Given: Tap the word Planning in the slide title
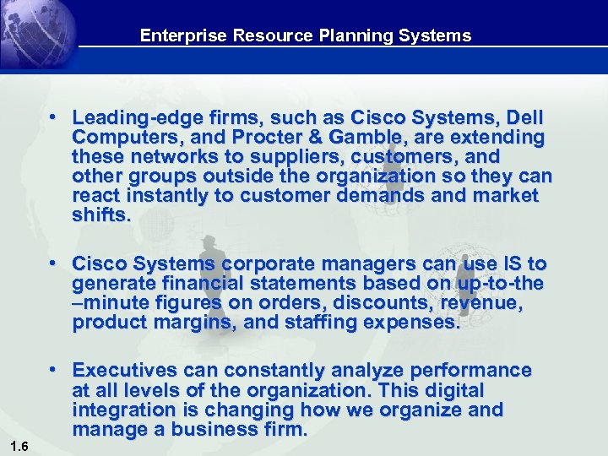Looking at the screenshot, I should [x=350, y=35].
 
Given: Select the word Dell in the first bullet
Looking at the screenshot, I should [x=524, y=117].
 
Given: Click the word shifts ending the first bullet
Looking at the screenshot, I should [x=100, y=214].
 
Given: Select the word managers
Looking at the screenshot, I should [x=368, y=263].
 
